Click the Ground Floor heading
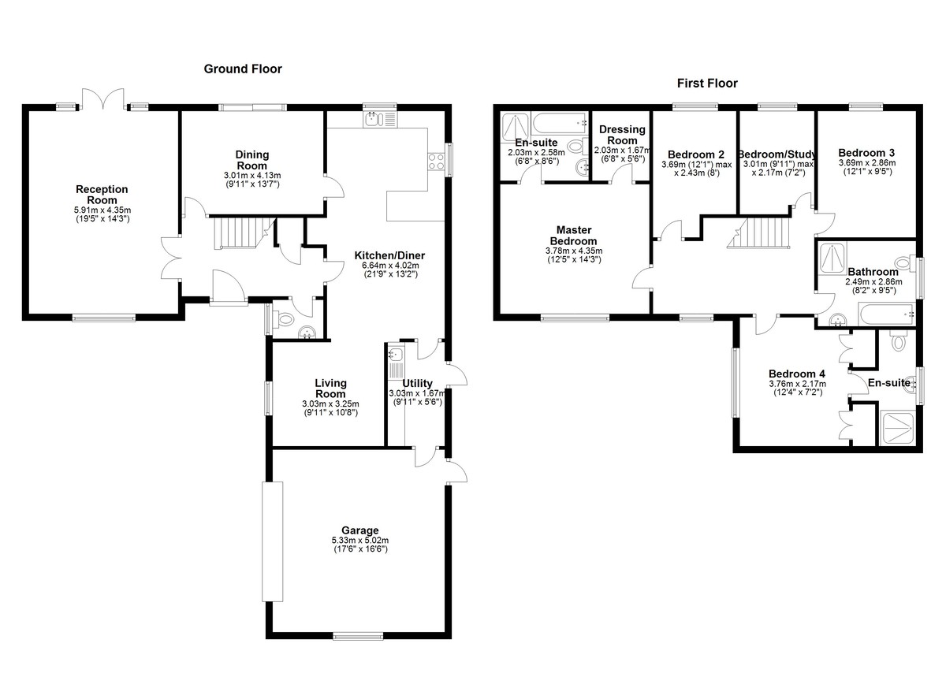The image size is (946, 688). click(x=243, y=69)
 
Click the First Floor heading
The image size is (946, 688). click(x=707, y=84)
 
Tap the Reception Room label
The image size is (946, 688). click(x=102, y=195)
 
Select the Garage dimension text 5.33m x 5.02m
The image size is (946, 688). click(x=360, y=540)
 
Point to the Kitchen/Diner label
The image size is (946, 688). click(x=389, y=255)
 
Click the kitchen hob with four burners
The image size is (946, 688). click(x=436, y=162)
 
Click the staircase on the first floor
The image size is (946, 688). click(x=758, y=232)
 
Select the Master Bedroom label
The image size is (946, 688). click(x=574, y=236)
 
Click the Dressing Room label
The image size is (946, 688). click(x=622, y=135)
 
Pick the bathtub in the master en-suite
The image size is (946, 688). click(x=560, y=123)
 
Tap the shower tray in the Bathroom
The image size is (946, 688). click(x=832, y=258)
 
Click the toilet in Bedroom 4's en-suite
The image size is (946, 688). click(x=898, y=340)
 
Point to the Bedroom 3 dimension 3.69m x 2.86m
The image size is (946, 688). click(x=867, y=163)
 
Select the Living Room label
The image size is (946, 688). click(x=330, y=389)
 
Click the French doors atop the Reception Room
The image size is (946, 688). click(x=103, y=99)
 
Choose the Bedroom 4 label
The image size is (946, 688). click(x=797, y=374)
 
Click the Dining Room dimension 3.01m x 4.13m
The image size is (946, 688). click(x=252, y=175)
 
